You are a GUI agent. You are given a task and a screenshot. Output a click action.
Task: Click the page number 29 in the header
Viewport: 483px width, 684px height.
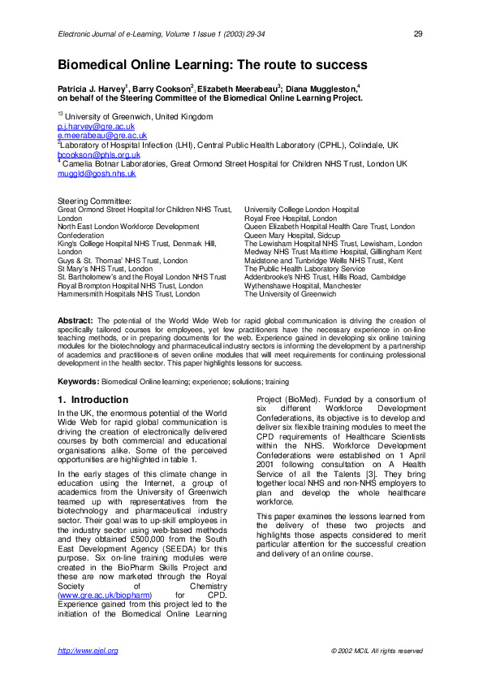click(418, 33)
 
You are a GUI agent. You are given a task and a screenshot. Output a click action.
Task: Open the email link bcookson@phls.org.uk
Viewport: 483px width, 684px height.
click(98, 154)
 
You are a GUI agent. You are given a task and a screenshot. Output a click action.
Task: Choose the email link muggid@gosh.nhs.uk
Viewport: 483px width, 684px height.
click(96, 173)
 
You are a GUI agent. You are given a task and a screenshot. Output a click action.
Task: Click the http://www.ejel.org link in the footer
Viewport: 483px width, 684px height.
click(88, 651)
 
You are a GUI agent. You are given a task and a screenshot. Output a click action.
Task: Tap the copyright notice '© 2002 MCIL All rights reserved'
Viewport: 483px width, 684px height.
click(377, 651)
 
